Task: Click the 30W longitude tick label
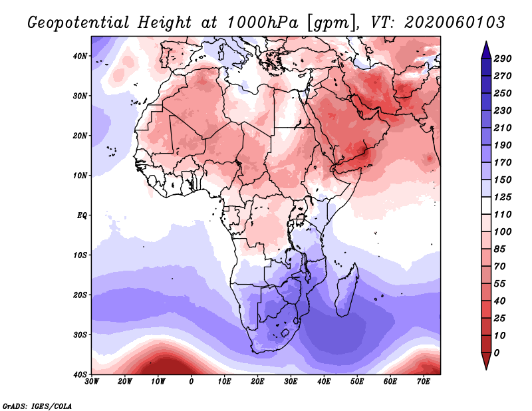[x=92, y=382]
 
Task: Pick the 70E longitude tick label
[x=424, y=382]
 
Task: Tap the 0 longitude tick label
[x=192, y=382]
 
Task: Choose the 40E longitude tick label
[x=324, y=382]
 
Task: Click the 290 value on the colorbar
[x=503, y=59]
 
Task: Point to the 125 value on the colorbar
[x=503, y=198]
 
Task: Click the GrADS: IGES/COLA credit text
[x=37, y=405]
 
